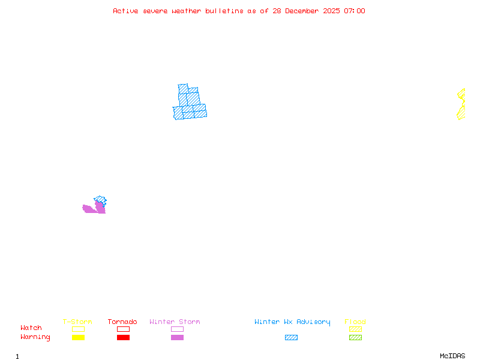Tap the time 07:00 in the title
click(x=355, y=11)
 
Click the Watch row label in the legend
click(x=31, y=328)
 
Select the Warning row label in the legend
click(x=35, y=337)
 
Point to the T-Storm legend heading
click(x=77, y=322)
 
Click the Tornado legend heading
click(x=122, y=322)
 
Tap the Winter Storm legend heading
click(x=175, y=322)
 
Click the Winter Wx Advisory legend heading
click(x=292, y=322)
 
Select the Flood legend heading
click(x=355, y=322)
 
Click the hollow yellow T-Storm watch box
click(x=78, y=329)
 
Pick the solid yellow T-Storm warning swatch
click(x=78, y=338)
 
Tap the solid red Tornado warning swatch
click(x=123, y=338)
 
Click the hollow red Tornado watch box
click(x=123, y=329)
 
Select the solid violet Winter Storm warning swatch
click(x=177, y=338)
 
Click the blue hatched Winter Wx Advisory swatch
click(x=291, y=338)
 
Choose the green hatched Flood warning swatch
click(x=355, y=338)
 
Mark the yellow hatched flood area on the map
click(x=461, y=105)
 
